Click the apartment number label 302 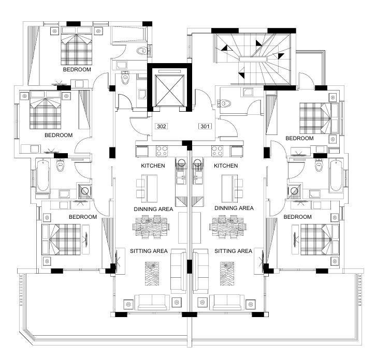coord(161,126)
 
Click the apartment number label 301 coord(205,126)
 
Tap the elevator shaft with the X coord(170,91)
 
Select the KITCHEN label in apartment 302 coord(153,166)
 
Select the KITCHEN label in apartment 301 coord(226,166)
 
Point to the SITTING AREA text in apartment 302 coord(149,251)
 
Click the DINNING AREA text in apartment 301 coord(234,208)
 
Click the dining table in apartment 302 coord(151,227)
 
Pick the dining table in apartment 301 coord(228,227)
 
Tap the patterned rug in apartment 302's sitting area coord(152,274)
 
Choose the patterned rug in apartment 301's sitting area coord(227,274)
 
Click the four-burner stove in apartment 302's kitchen coord(162,151)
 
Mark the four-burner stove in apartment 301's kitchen coord(217,151)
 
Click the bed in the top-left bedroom coord(77,46)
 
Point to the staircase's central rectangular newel coord(253,59)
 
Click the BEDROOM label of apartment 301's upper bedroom coord(299,138)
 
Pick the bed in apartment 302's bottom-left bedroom coord(61,239)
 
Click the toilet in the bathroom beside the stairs coord(225,103)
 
